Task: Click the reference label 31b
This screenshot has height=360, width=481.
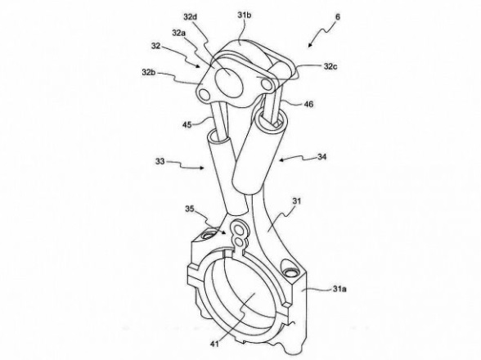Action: point(244,15)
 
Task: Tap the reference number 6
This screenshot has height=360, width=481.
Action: point(338,16)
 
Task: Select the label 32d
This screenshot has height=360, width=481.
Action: point(190,16)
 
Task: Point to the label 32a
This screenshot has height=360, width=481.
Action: point(179,33)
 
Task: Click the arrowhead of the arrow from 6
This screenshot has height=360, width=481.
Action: point(310,46)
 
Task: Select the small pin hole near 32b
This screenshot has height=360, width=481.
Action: point(203,95)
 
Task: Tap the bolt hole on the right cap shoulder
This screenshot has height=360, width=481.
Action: point(290,272)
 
